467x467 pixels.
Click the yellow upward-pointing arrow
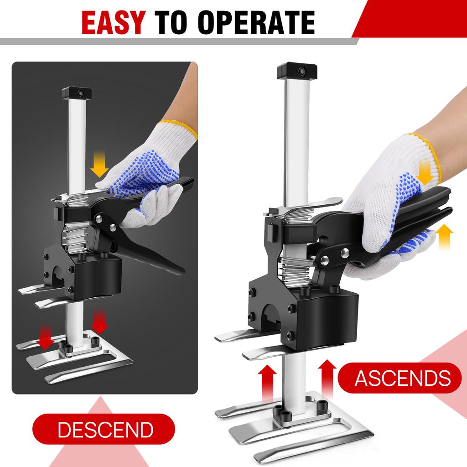click(x=445, y=236)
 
